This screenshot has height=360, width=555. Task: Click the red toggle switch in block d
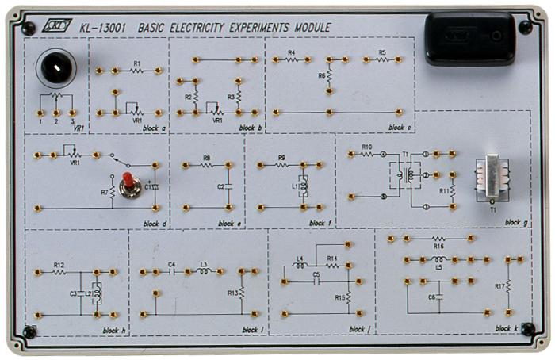tap(127, 187)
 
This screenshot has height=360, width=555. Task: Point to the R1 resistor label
tap(136, 62)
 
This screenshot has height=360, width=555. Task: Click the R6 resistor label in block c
tap(321, 75)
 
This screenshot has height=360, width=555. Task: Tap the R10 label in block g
tap(366, 147)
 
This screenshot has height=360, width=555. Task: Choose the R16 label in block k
tap(438, 247)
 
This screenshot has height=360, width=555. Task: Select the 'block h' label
tap(114, 329)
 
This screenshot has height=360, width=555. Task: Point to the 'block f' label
tap(321, 223)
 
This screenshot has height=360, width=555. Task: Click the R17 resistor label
tap(499, 286)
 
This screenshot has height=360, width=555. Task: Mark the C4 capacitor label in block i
tap(172, 264)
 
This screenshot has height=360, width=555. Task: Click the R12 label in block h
tap(59, 264)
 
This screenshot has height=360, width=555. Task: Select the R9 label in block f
tap(281, 158)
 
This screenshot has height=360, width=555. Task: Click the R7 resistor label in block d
tap(104, 192)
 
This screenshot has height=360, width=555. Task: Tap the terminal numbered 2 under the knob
tap(56, 121)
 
